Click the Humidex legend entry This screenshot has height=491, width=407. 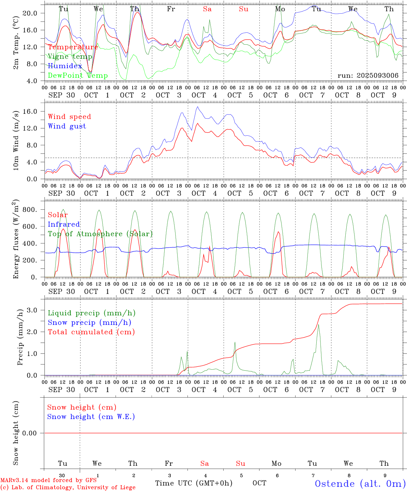(65, 66)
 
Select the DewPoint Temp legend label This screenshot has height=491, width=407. (78, 76)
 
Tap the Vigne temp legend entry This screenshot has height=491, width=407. (70, 57)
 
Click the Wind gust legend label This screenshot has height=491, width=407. (67, 126)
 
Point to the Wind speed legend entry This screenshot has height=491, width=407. (70, 117)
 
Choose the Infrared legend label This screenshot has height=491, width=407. (64, 224)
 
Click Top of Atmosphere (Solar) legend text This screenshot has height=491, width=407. (100, 234)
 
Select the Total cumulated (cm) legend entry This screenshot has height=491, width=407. (91, 332)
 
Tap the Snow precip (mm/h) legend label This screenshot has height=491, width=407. (89, 323)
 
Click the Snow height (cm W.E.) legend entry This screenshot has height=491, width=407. (91, 417)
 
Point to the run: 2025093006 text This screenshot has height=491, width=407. (368, 76)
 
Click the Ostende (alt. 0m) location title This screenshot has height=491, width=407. (360, 483)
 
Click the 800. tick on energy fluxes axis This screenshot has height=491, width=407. (30, 210)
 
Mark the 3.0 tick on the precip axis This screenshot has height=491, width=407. (32, 310)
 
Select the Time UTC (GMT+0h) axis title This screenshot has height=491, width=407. (194, 483)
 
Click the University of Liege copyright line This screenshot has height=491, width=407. (68, 488)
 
